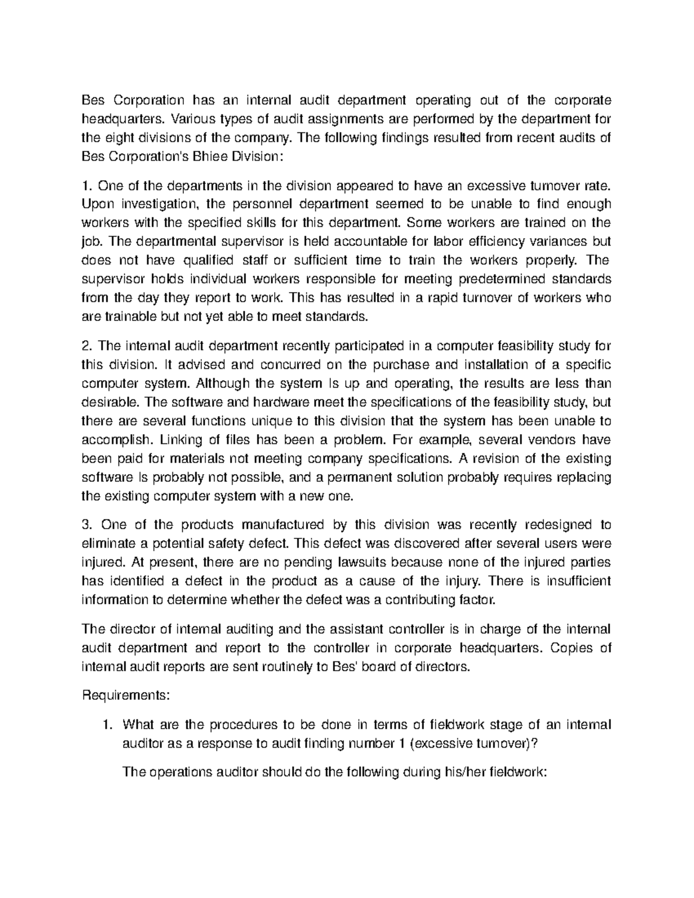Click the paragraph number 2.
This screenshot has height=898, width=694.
tap(87, 346)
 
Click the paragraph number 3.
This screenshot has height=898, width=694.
tap(87, 524)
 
